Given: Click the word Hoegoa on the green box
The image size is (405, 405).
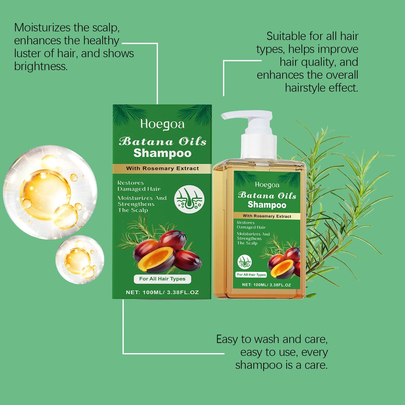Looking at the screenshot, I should tap(162, 124).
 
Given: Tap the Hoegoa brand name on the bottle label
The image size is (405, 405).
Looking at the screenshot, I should tap(267, 185).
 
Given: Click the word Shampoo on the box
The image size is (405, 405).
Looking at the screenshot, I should tap(162, 153).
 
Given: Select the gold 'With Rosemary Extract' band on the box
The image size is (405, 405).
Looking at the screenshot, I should tap(162, 168).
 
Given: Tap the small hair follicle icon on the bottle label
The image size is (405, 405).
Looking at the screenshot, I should tap(245, 262).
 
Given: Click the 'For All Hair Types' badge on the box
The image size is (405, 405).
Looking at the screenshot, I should tap(162, 279).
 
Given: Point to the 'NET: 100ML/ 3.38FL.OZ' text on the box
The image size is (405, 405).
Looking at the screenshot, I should tap(162, 292).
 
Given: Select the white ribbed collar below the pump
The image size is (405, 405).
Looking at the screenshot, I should tap(259, 146).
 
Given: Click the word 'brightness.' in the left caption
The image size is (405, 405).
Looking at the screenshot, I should tap(41, 67).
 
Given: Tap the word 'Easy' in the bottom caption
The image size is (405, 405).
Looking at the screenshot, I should tap(227, 339).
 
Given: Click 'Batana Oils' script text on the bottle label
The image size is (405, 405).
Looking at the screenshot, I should tap(267, 196).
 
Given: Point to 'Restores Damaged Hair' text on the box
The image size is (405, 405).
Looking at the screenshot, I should tap(139, 186).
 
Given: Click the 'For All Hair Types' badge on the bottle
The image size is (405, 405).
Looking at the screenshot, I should tap(251, 275).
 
